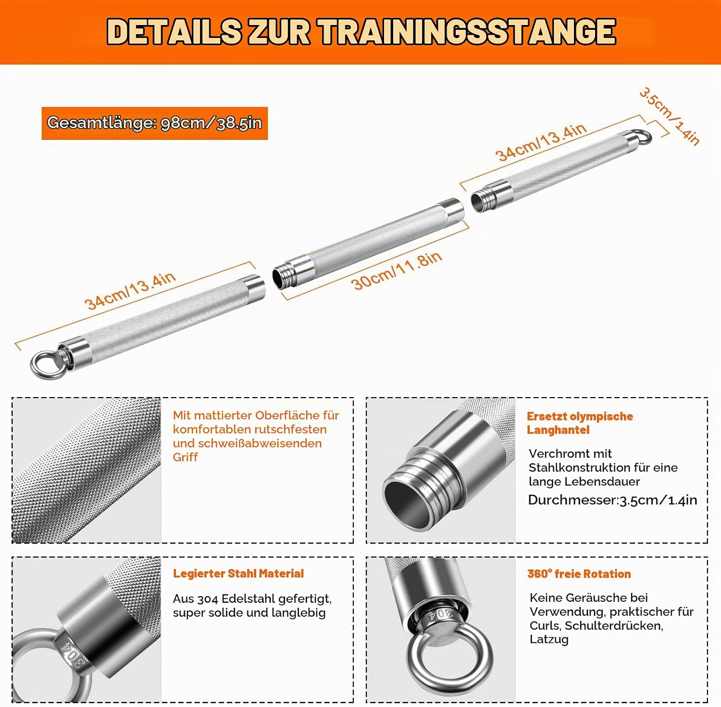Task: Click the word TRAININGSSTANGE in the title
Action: coord(466,32)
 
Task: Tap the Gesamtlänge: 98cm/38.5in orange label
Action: coord(154,123)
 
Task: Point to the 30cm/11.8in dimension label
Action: coord(397,270)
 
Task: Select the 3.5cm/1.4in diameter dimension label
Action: coord(670,116)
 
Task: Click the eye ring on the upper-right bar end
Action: coord(641,137)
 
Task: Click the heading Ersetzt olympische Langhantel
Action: coord(580,423)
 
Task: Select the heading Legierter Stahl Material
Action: coord(238,573)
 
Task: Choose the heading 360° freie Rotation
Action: coord(579,573)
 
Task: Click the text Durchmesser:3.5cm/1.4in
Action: coord(612,500)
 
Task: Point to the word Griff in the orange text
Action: coord(185,457)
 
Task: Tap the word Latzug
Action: coord(549,639)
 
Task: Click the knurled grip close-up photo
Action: coord(87,470)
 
